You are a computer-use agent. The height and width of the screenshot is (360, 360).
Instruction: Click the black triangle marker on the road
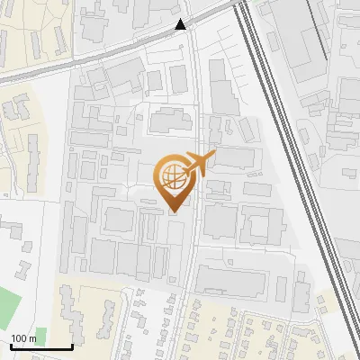[182, 24]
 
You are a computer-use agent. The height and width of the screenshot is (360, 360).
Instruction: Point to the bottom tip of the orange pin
[173, 212]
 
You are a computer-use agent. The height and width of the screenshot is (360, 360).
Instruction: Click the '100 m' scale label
[23, 338]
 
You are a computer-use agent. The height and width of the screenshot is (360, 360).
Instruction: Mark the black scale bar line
[40, 347]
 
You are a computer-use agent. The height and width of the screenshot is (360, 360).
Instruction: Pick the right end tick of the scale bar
[72, 346]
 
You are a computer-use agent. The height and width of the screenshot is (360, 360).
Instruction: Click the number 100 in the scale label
[18, 338]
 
